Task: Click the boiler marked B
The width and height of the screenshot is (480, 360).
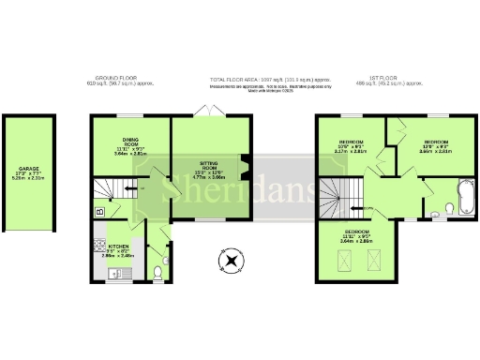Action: pyautogui.click(x=99, y=212)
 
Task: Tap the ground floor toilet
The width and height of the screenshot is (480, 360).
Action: pyautogui.click(x=158, y=274)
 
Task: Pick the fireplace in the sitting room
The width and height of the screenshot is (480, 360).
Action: pyautogui.click(x=247, y=166)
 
